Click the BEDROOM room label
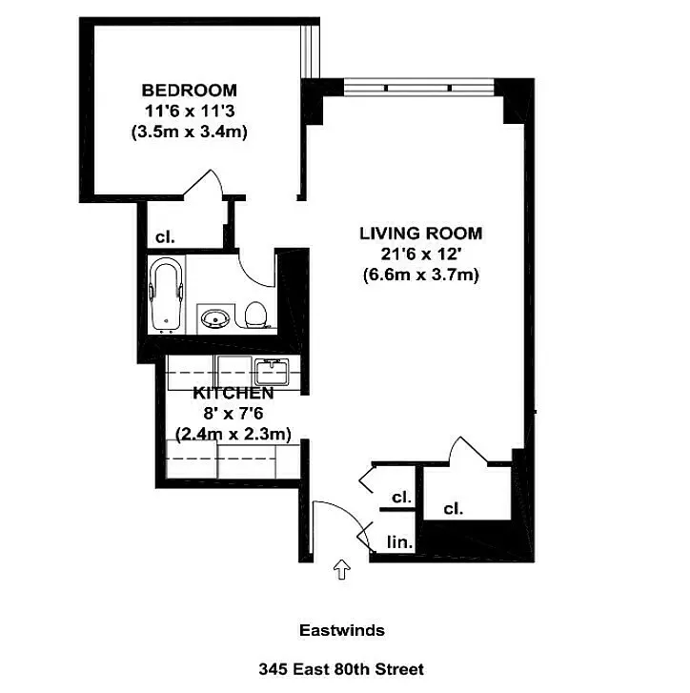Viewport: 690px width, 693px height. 189,90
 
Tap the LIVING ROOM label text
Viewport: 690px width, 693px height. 420,233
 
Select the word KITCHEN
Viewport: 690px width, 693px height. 233,393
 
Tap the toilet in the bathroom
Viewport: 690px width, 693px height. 255,315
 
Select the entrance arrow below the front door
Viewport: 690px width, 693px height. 341,570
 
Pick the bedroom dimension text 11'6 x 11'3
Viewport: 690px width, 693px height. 189,111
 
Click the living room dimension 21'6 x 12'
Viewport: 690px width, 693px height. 420,254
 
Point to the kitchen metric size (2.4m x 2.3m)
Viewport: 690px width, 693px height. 233,434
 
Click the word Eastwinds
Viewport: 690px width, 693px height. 341,630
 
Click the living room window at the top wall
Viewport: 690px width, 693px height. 419,89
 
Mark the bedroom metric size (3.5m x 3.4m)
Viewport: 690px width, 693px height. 189,132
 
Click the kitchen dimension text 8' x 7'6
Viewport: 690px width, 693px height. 233,413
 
